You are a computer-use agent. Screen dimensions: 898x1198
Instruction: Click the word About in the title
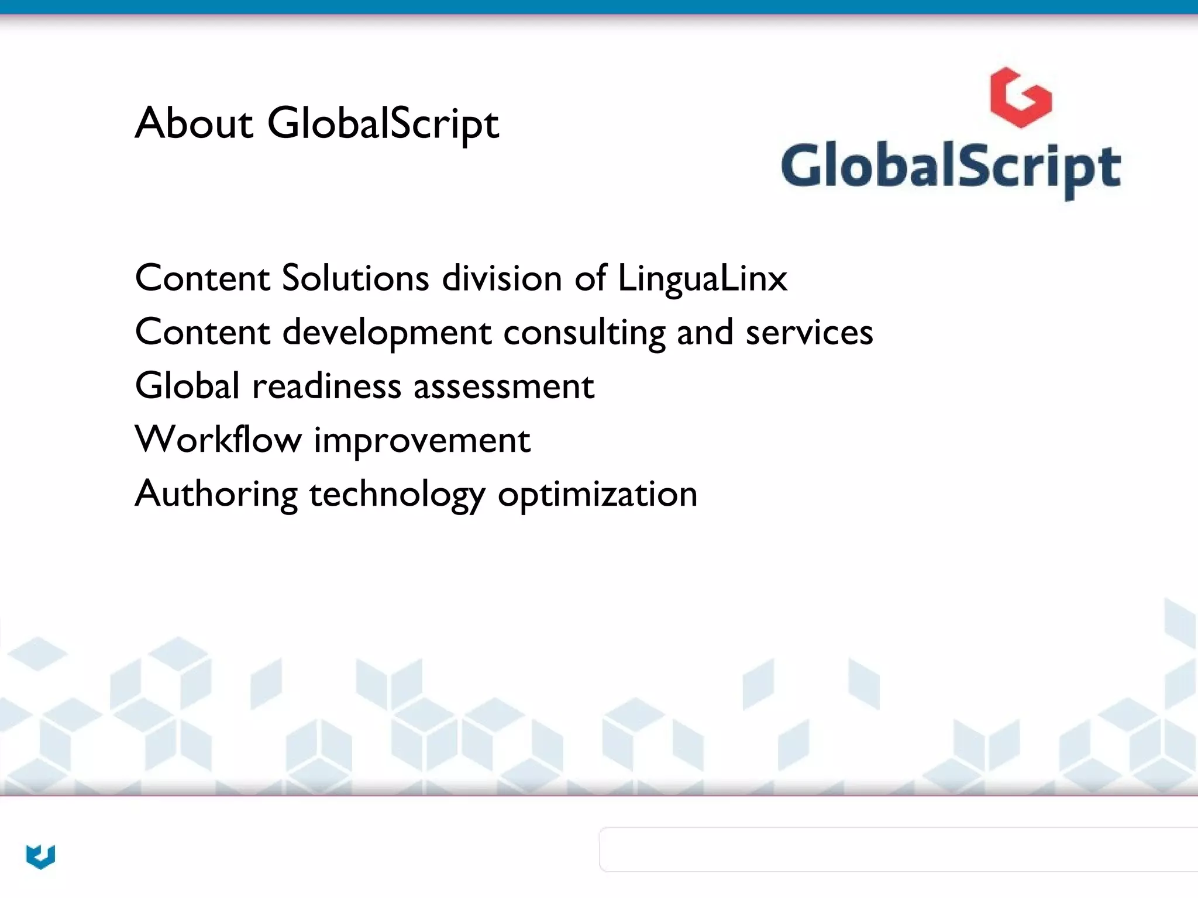pos(194,123)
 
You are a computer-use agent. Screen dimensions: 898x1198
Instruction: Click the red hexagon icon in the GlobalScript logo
pos(1021,98)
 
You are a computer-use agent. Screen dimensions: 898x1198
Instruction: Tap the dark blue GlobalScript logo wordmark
pos(951,168)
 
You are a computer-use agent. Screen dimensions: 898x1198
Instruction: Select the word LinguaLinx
pos(703,278)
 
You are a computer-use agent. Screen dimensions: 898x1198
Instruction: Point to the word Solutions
pos(355,278)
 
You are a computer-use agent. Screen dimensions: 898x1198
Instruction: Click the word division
pos(502,278)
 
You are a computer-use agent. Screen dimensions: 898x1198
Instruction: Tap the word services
pos(809,332)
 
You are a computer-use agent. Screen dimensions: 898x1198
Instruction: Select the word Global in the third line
pos(187,386)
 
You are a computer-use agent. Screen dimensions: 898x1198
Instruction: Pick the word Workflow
pos(218,440)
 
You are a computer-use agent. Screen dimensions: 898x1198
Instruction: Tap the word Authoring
pos(216,495)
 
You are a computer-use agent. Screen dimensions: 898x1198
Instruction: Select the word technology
pos(397,495)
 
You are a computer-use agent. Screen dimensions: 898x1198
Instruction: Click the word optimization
pos(597,495)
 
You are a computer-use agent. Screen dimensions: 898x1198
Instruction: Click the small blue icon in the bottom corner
pos(40,856)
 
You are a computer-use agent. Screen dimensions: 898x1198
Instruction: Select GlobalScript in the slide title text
pos(383,123)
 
